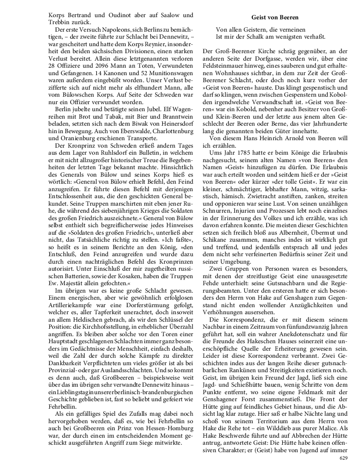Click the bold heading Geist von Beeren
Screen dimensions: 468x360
tap(275, 17)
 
